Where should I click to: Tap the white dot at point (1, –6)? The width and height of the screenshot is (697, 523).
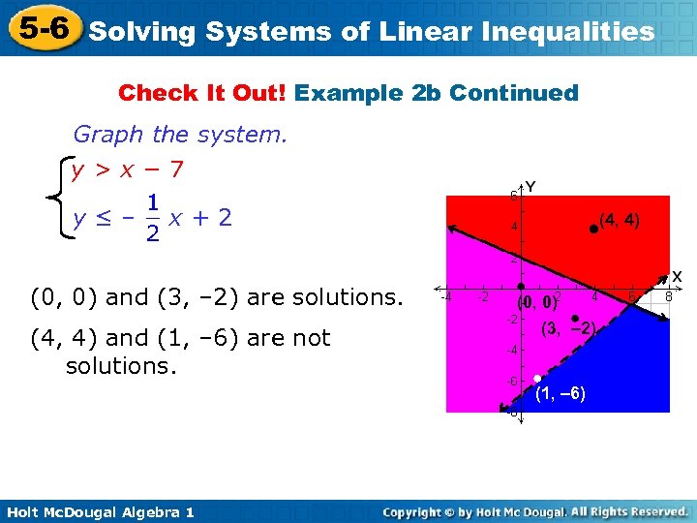(536, 379)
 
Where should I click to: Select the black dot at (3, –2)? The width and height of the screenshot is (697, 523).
(575, 318)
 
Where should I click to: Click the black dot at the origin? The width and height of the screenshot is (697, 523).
(520, 287)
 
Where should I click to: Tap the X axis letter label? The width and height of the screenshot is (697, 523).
(677, 276)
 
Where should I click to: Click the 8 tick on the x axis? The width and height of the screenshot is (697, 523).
(666, 298)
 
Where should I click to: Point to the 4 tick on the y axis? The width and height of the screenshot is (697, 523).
(514, 226)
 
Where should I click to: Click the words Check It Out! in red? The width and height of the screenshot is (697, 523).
(202, 93)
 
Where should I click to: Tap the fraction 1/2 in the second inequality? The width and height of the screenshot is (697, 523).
(152, 219)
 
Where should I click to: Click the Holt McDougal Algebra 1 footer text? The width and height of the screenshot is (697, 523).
(99, 511)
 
